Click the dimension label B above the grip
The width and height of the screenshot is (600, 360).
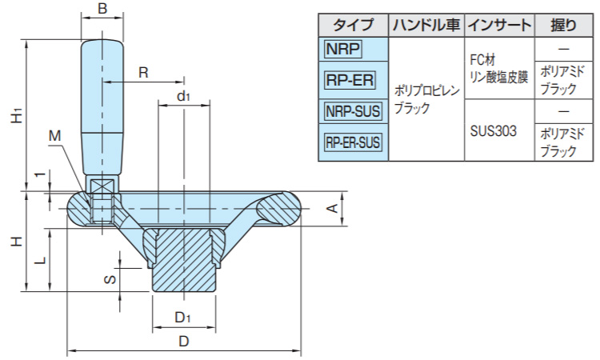click(x=101, y=10)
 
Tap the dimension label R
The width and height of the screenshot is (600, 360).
click(x=143, y=72)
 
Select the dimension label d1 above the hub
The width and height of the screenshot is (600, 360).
click(x=183, y=96)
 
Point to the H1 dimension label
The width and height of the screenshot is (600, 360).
click(x=16, y=116)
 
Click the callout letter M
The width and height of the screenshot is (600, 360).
click(x=54, y=136)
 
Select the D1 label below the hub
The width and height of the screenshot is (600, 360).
click(x=183, y=318)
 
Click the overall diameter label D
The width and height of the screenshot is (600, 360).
click(x=183, y=342)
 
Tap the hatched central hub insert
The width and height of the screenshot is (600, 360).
click(x=183, y=264)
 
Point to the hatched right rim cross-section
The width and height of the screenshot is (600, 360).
click(x=280, y=210)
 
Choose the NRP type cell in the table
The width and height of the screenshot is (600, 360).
click(x=342, y=50)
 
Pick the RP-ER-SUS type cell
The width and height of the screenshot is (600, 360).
click(x=353, y=143)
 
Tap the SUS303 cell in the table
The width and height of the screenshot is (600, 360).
click(x=494, y=129)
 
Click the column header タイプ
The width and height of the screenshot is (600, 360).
click(x=353, y=24)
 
